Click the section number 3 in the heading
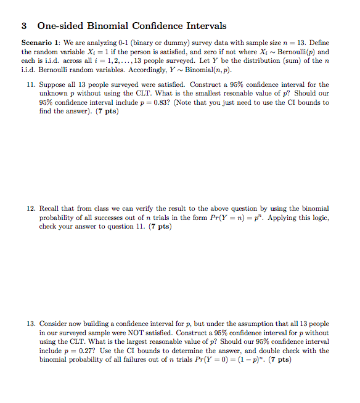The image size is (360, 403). [x=24, y=26]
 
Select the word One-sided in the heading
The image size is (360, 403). [x=58, y=26]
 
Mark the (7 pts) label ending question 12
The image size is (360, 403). [x=159, y=227]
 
